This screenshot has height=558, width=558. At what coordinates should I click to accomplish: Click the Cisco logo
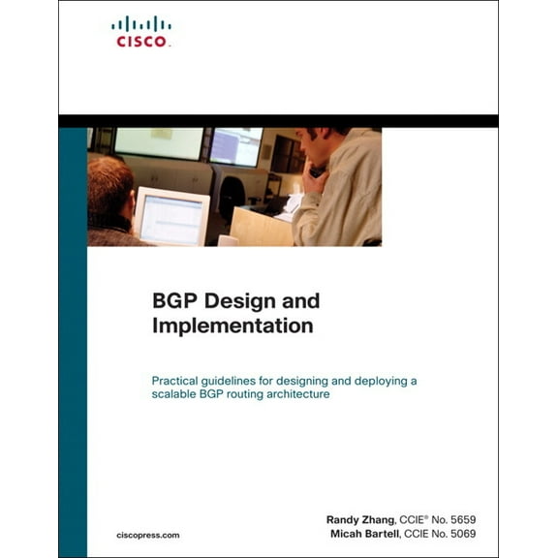coord(141,31)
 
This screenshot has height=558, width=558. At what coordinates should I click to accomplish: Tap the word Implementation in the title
coord(232,326)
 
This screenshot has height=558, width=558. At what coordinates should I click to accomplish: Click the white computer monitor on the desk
coord(170,215)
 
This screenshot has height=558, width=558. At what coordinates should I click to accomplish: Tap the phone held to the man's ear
coord(318,171)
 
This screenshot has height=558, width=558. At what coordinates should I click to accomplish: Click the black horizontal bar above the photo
coord(278,121)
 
